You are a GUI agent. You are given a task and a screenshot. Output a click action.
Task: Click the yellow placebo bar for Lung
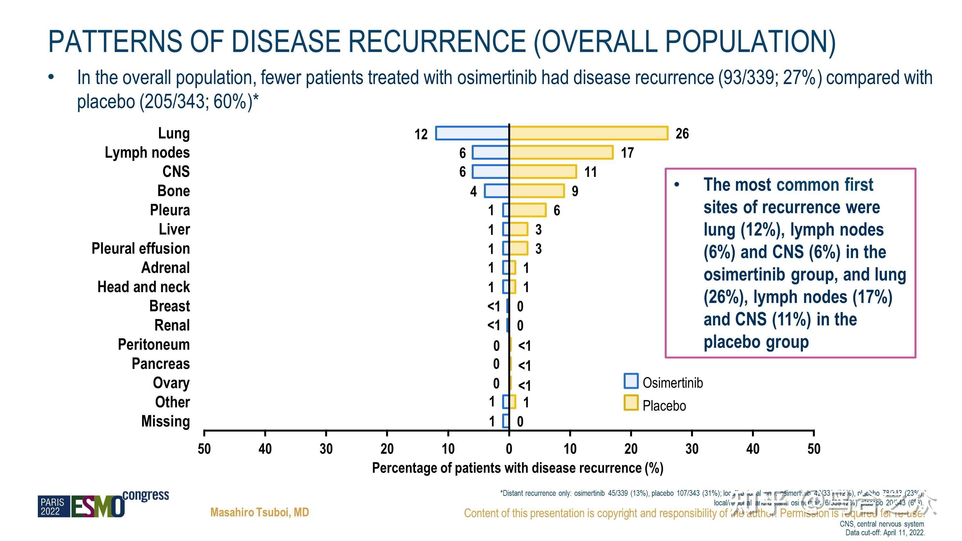588,133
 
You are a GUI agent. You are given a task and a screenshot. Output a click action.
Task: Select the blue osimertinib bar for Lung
472,133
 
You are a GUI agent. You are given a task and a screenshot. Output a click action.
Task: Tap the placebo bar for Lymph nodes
561,152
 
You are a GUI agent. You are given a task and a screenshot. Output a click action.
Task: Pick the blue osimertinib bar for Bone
497,191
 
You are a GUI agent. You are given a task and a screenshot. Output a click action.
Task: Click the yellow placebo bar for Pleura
528,210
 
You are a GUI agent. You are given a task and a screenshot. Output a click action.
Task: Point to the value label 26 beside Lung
682,134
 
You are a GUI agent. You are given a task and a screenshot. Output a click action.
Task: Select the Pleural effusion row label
140,249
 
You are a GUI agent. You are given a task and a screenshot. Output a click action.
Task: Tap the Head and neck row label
143,287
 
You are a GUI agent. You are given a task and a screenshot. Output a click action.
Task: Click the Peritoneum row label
154,345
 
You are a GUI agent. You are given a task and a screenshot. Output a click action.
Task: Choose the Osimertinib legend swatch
631,381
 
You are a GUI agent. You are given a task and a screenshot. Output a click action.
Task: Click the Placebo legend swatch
631,403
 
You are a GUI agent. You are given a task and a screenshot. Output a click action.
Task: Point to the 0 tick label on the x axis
509,449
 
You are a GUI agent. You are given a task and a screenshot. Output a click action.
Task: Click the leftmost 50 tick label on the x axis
204,449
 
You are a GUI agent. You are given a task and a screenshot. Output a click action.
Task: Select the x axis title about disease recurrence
518,468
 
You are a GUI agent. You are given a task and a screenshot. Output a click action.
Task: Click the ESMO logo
98,507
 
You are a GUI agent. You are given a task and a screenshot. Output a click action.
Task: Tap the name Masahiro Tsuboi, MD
259,512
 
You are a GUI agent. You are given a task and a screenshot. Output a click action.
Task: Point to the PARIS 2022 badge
53,507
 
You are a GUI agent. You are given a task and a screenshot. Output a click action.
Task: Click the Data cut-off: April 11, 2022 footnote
885,533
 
